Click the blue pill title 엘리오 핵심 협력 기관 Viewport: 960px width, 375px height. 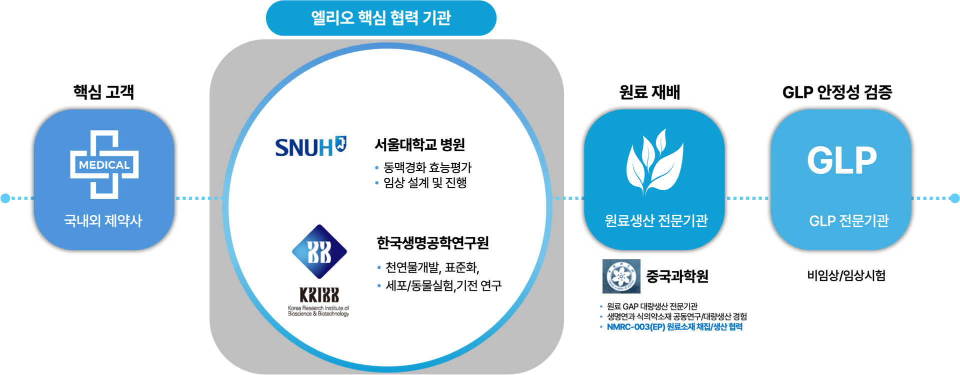point(381,18)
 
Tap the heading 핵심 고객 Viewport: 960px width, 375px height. point(103,92)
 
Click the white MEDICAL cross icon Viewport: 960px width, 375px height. point(104,164)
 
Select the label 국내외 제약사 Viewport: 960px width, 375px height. point(103,220)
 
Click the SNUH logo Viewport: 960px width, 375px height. point(310,147)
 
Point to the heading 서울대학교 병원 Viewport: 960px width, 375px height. point(420,145)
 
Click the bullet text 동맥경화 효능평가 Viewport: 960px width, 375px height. point(427,167)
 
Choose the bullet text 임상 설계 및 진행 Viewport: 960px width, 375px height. point(425,183)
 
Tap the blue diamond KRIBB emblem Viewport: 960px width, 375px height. point(319,251)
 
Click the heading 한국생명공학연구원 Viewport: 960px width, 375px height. point(432,243)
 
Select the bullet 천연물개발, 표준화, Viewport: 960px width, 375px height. point(432,267)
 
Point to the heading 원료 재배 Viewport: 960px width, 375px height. point(649,92)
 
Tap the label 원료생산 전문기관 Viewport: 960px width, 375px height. point(656,220)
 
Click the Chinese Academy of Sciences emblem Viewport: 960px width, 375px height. point(621,276)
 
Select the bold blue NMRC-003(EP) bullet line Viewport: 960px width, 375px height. point(674,327)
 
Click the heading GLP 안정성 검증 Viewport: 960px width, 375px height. point(837,92)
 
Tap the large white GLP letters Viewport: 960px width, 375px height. point(842,160)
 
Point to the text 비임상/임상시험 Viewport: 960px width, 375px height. point(846,275)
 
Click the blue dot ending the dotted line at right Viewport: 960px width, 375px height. point(954,198)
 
